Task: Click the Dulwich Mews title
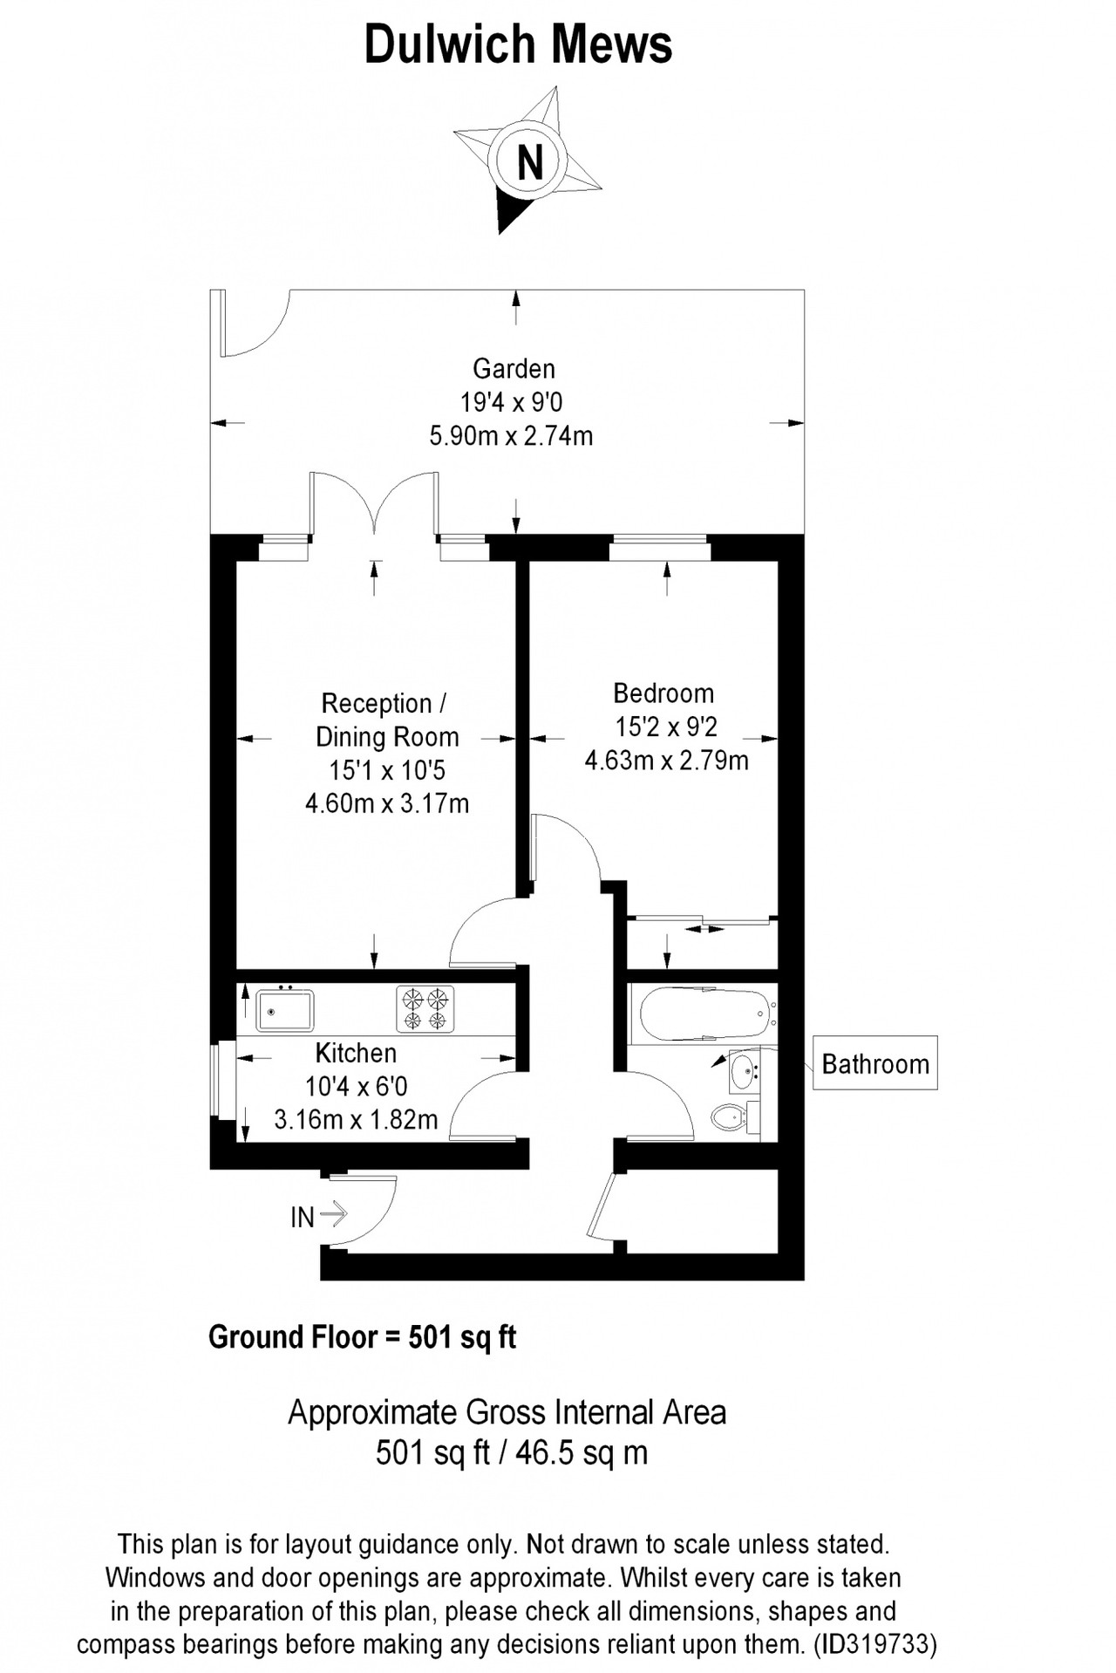(518, 44)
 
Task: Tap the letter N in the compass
(529, 161)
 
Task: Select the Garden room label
(514, 368)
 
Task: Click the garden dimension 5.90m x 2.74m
(511, 435)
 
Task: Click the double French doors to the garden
(374, 506)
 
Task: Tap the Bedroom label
(663, 693)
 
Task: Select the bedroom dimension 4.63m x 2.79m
(666, 761)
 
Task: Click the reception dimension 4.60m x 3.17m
(387, 802)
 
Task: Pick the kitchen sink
(285, 1008)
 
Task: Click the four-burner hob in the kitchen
(425, 1008)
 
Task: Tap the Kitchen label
(356, 1054)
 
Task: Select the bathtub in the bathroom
(707, 1014)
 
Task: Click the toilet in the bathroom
(731, 1116)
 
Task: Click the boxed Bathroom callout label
(875, 1063)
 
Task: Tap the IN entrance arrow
(334, 1213)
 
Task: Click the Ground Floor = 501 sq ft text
(362, 1337)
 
